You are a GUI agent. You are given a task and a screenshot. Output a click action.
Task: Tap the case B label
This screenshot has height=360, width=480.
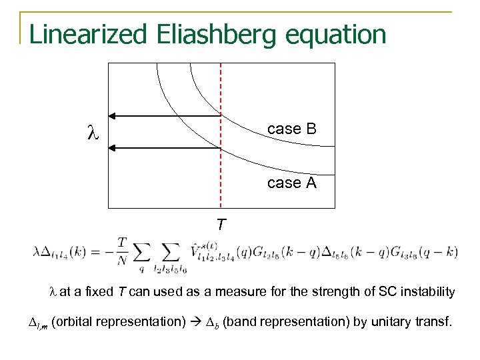[x=291, y=129]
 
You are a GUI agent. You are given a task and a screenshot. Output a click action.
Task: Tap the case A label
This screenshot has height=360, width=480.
[x=291, y=182]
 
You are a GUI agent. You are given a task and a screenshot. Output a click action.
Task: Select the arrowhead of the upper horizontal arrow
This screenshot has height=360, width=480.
[x=115, y=116]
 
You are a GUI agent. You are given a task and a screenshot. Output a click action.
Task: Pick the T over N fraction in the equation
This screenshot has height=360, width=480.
[x=123, y=251]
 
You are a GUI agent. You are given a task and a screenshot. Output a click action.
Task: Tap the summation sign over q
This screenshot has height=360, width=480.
[x=141, y=253]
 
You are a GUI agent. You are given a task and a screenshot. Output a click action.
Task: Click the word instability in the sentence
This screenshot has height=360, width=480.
[x=431, y=291]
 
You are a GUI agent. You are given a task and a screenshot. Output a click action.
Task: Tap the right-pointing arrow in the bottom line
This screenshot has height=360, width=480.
[x=197, y=322]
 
